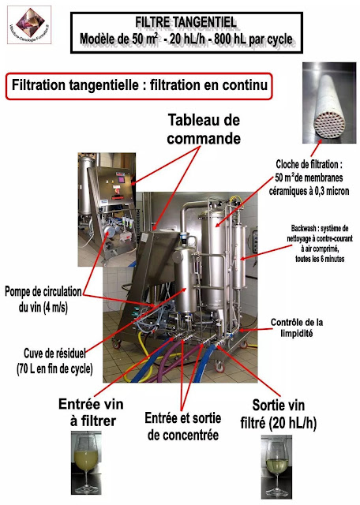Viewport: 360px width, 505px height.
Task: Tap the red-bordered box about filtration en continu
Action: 138,84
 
